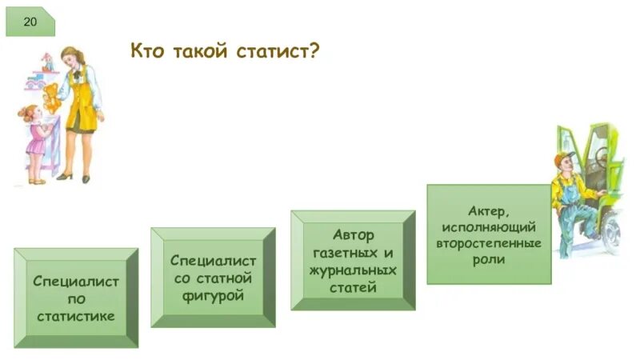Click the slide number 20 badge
point(30,20)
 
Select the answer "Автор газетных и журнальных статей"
point(353,261)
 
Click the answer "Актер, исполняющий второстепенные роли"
point(489,234)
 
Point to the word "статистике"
point(76,316)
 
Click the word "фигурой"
point(213,296)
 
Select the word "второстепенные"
point(489,243)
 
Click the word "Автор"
point(353,235)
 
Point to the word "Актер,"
point(489,210)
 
